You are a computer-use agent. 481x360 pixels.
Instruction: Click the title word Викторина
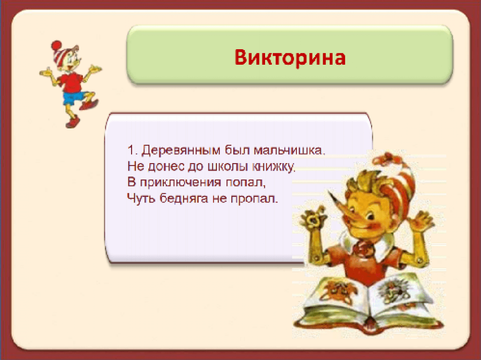(x=290, y=57)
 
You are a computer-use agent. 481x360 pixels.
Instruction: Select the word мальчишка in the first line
(x=289, y=150)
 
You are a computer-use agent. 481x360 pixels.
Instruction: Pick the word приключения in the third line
(x=180, y=182)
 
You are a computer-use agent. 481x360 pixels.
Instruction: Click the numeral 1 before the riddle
(x=131, y=150)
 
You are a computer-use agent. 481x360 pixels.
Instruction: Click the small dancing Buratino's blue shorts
(x=73, y=97)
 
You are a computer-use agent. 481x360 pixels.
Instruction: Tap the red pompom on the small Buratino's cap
(x=56, y=45)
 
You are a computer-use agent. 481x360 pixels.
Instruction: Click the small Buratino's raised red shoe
(x=89, y=105)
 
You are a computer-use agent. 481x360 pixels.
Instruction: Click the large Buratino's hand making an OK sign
(x=313, y=218)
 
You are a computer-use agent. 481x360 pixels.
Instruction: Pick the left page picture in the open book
(x=339, y=290)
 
